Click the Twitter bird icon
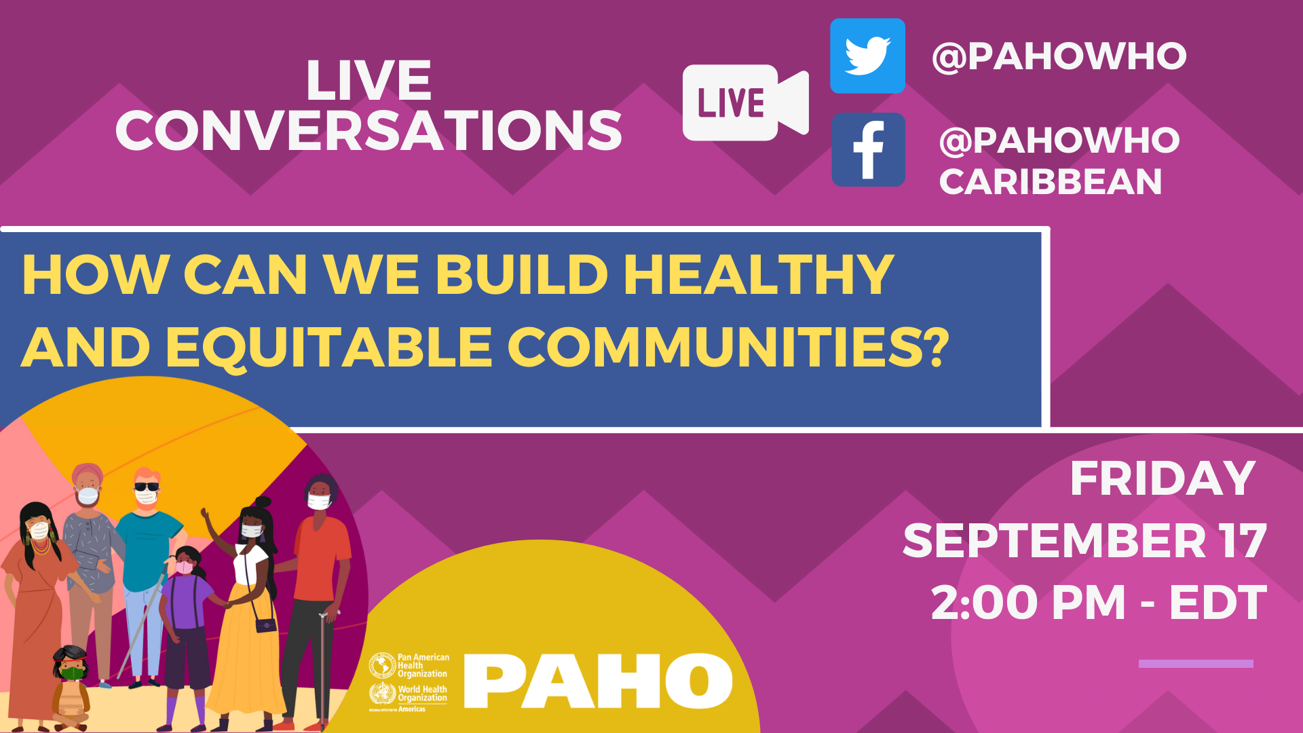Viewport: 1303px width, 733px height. point(867,56)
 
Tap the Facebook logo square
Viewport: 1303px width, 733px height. point(868,149)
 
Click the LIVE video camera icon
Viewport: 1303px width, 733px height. point(745,102)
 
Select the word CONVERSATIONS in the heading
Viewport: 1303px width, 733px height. point(369,130)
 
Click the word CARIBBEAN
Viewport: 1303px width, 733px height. point(1051,182)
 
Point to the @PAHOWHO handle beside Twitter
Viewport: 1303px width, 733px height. point(1059,56)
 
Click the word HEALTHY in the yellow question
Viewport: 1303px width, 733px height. point(759,274)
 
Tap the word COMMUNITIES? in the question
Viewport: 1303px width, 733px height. point(728,347)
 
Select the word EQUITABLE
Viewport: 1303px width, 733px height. point(329,347)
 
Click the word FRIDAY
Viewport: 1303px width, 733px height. point(1163,478)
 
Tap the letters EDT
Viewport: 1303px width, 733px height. point(1217,602)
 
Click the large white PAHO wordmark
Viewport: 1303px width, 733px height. point(599,681)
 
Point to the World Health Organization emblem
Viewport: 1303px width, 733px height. point(382,694)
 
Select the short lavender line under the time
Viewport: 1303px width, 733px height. point(1196,664)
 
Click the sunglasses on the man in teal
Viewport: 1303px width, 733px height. point(146,486)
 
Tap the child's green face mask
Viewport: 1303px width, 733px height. point(72,673)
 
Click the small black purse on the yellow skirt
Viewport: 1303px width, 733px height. point(266,624)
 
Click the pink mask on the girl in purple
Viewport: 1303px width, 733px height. point(185,567)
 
